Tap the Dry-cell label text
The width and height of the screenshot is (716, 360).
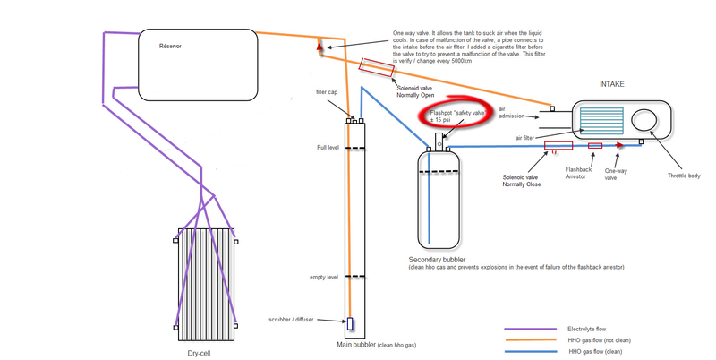(205, 352)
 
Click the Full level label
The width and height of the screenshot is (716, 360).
(328, 147)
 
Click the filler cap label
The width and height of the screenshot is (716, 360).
(326, 92)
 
